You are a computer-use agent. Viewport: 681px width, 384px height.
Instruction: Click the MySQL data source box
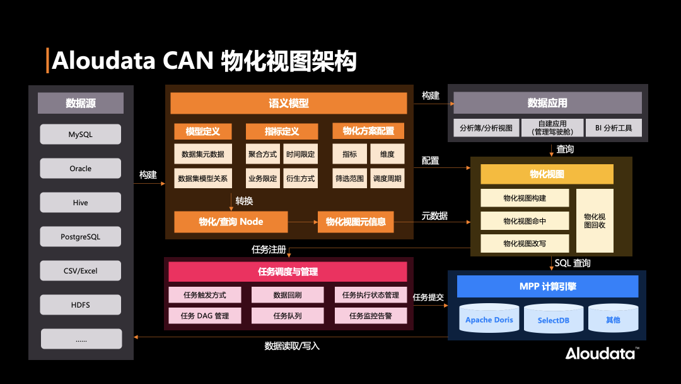(80, 135)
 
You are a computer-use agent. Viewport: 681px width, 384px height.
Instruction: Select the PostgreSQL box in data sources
(80, 237)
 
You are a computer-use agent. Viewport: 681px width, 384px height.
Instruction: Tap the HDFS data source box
(80, 305)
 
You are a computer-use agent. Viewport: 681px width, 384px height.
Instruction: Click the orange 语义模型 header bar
(288, 104)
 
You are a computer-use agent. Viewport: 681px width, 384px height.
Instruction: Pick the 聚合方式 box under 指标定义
(262, 154)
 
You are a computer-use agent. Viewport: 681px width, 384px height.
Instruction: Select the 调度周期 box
(387, 179)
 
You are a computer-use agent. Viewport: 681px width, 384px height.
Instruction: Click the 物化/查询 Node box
(231, 222)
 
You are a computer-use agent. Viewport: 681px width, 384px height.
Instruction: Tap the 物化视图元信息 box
(356, 222)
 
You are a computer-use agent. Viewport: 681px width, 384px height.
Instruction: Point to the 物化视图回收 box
(594, 220)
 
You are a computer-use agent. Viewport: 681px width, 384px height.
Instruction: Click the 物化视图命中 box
(525, 221)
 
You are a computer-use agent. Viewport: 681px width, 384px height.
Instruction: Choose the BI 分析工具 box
(613, 128)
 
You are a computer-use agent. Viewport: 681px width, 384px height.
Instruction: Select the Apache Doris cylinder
(489, 319)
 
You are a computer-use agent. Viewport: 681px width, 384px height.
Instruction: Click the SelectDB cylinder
(553, 319)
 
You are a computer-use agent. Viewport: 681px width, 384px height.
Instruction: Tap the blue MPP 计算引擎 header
(547, 287)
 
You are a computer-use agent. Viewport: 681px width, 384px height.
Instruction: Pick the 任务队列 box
(288, 316)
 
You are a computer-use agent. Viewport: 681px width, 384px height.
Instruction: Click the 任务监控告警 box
(371, 316)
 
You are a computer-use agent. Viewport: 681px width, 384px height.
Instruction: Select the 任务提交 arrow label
(428, 297)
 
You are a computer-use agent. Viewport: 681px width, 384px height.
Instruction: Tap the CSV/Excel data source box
(80, 271)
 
